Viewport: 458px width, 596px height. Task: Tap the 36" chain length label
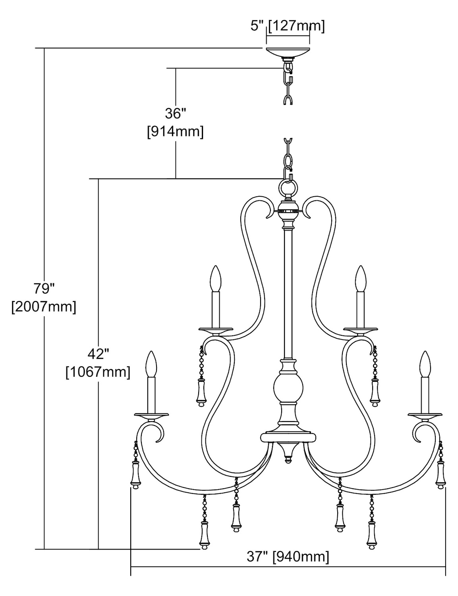click(x=175, y=114)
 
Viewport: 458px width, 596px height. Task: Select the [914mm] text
click(x=175, y=132)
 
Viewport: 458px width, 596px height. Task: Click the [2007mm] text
click(x=44, y=307)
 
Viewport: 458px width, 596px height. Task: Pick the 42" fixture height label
click(x=98, y=354)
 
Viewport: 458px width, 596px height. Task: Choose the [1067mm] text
click(x=98, y=372)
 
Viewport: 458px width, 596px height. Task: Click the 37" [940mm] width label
click(x=288, y=557)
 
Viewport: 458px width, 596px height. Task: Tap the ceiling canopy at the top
click(x=288, y=52)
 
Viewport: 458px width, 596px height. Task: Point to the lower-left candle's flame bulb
click(x=151, y=364)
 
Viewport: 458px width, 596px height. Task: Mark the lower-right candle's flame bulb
click(x=425, y=364)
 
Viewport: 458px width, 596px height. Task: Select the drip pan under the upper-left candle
click(x=216, y=330)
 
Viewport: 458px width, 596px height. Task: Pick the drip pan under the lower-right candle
click(x=425, y=416)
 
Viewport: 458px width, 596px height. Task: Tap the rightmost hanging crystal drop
click(x=440, y=475)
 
